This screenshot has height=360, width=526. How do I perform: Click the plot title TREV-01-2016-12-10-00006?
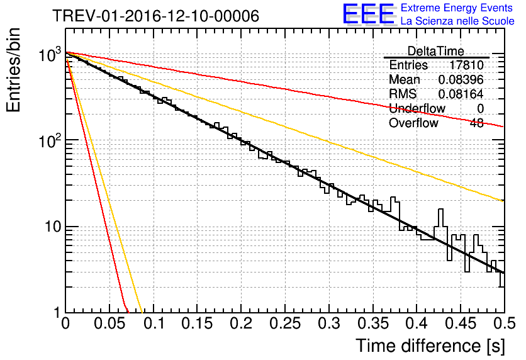click(x=155, y=16)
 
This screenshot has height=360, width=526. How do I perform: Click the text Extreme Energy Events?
click(x=457, y=8)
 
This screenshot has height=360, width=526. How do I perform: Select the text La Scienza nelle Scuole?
click(x=457, y=21)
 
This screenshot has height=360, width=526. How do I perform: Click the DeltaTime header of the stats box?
click(x=435, y=51)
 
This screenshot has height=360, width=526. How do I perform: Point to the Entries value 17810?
click(x=466, y=65)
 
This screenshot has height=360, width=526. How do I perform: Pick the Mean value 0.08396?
click(x=461, y=80)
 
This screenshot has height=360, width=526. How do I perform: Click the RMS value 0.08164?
click(x=461, y=94)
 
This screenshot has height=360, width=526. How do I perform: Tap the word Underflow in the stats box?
click(x=417, y=108)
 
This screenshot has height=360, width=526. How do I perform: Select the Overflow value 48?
click(x=476, y=123)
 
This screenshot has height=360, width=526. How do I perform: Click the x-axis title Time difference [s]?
click(x=429, y=346)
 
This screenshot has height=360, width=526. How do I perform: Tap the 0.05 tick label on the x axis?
click(x=109, y=324)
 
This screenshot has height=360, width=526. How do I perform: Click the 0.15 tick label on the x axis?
click(x=197, y=324)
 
